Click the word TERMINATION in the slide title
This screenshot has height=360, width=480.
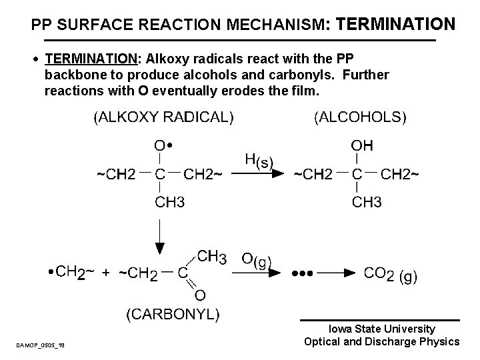click(x=397, y=25)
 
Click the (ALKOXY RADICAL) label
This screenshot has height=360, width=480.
click(x=163, y=117)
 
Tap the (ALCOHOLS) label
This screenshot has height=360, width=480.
click(x=359, y=117)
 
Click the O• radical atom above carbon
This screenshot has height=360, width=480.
click(x=163, y=145)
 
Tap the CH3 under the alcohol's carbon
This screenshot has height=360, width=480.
click(x=367, y=201)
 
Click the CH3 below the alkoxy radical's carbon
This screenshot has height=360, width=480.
click(x=170, y=201)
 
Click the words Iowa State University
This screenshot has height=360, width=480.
click(x=382, y=329)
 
